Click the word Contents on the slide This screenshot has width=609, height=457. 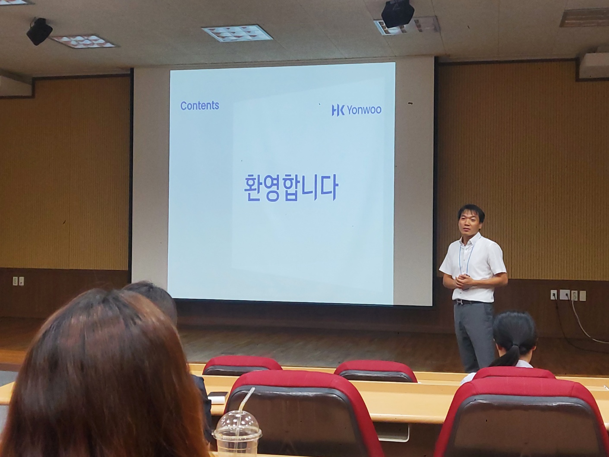(x=199, y=105)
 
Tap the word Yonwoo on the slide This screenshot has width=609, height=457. (x=364, y=110)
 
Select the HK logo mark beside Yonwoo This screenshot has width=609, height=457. (x=338, y=111)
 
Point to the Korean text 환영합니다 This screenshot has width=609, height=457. (x=290, y=188)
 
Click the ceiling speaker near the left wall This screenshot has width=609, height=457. (x=39, y=31)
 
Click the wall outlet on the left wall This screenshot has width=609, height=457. (x=18, y=281)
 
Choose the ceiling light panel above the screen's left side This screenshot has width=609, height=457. (x=83, y=41)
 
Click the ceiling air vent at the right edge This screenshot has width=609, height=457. (x=584, y=17)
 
